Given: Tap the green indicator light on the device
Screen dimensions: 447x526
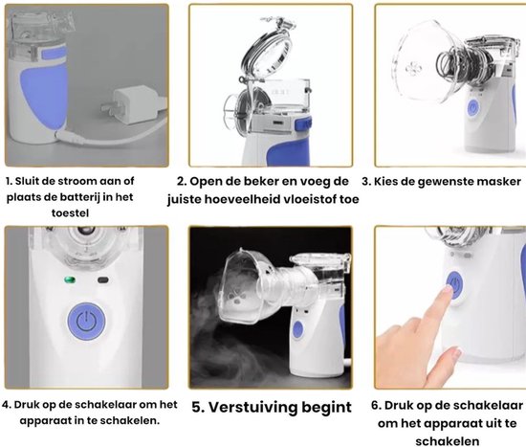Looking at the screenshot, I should coord(68,280).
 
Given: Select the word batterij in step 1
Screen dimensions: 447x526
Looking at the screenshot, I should coord(87,197).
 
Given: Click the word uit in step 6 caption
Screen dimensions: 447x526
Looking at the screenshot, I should coord(487,421).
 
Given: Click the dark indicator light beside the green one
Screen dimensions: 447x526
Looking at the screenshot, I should coord(102,280).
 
